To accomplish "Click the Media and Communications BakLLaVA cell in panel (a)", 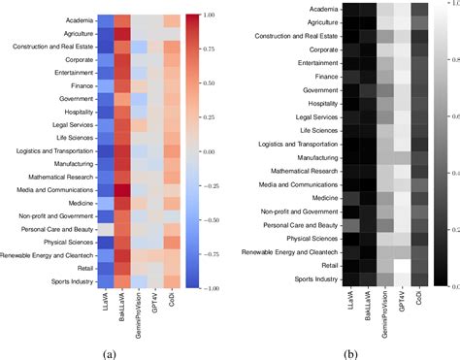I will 123,189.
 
